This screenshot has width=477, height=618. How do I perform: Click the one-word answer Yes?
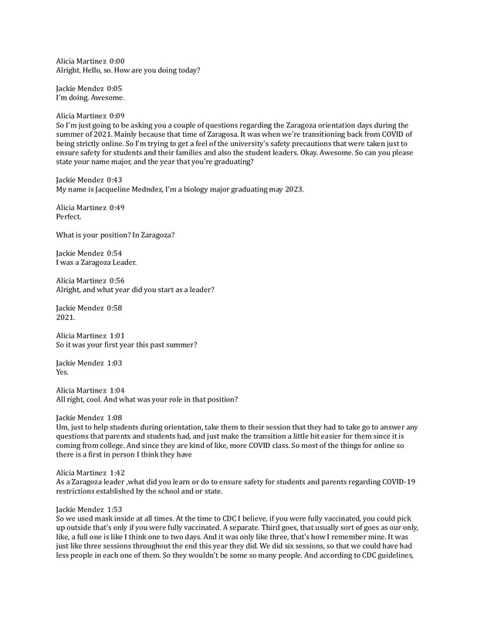coord(63,372)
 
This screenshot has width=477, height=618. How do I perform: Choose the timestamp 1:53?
coord(113,508)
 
